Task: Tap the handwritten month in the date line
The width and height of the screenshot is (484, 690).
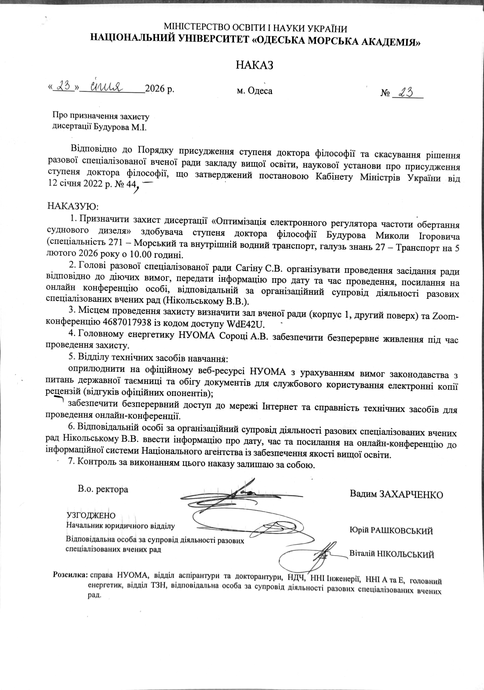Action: tap(107, 86)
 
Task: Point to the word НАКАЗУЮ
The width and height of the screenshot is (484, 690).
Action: tap(73, 207)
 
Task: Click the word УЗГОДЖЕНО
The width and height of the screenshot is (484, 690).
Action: tap(91, 515)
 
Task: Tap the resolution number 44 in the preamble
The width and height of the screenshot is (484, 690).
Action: tap(131, 183)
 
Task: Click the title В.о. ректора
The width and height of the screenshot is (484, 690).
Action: tap(103, 489)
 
